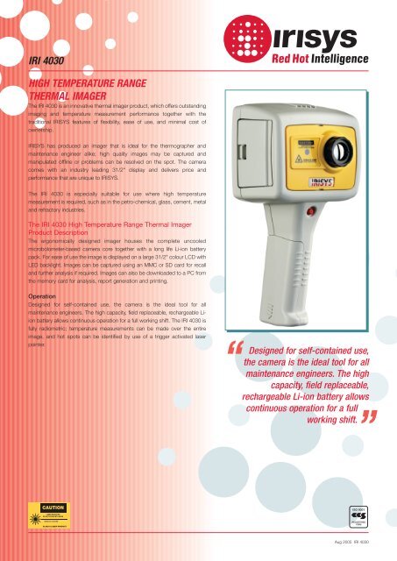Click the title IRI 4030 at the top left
click(46, 60)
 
